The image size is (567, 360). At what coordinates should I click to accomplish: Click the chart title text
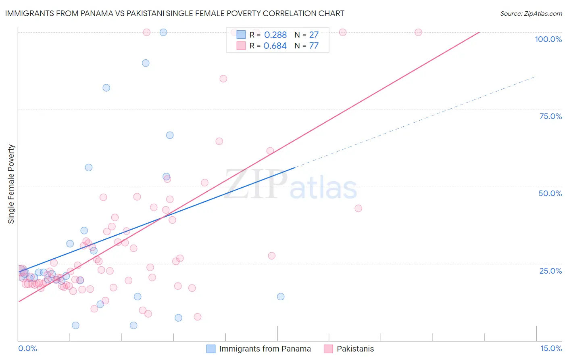point(175,13)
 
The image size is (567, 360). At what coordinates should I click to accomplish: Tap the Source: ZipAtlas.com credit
point(531,13)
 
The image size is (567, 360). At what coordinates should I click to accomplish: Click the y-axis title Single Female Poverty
point(11,184)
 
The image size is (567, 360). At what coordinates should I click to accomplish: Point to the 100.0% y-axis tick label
point(548,39)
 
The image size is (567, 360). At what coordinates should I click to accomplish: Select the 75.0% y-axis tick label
point(550,116)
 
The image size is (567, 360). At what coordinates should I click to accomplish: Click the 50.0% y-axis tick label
point(550,193)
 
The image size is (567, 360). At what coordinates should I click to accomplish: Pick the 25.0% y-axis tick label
point(550,271)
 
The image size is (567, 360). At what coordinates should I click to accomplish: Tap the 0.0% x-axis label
point(27,348)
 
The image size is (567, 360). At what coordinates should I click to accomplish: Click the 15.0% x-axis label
point(551,348)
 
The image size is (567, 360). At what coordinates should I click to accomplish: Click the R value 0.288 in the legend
point(275,35)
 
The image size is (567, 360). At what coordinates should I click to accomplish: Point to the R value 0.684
point(275,46)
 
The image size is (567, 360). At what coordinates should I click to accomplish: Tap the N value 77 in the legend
point(314,46)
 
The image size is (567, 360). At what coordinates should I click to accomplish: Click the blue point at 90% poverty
point(146,63)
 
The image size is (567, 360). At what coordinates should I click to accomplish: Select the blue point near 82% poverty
point(106,88)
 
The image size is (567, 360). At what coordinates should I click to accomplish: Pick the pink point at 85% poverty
point(223,79)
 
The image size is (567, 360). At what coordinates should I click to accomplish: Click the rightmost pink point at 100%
point(418,32)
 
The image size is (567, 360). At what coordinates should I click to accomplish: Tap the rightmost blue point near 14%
point(281,297)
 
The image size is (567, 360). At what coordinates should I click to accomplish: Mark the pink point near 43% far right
point(358,208)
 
